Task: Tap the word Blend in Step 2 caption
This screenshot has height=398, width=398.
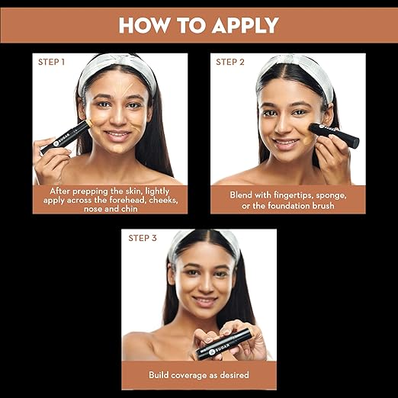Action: tap(242, 195)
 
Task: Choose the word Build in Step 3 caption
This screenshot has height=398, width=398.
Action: tap(161, 374)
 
